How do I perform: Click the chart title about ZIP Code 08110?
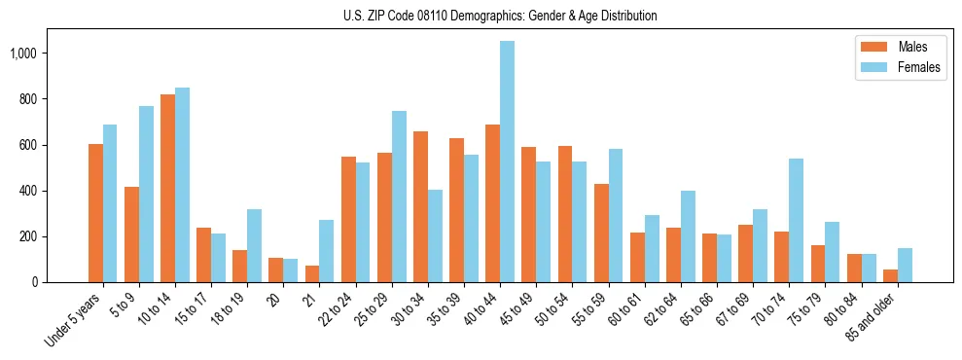pyautogui.click(x=500, y=16)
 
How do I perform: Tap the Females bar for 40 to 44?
pyautogui.click(x=507, y=162)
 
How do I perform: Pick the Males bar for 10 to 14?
pyautogui.click(x=167, y=188)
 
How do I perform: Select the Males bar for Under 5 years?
pyautogui.click(x=95, y=213)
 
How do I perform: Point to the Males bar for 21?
pyautogui.click(x=312, y=273)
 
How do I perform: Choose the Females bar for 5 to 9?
pyautogui.click(x=146, y=194)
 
